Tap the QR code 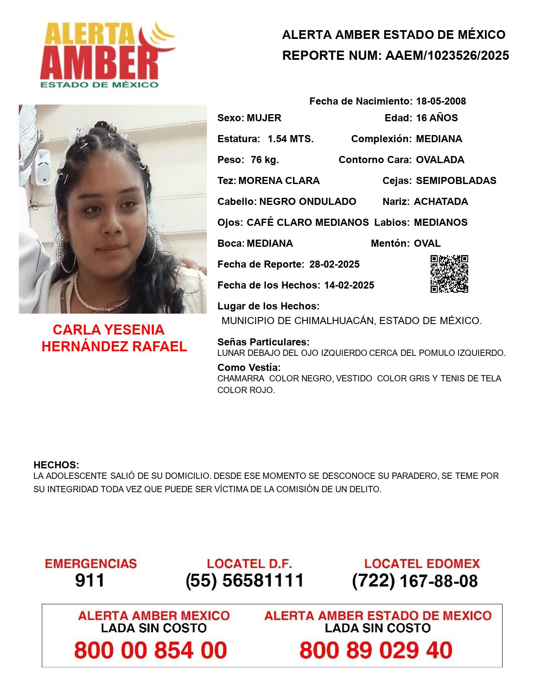click(449, 274)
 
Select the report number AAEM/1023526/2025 click(447, 56)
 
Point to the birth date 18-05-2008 click(441, 101)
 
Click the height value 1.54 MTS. click(291, 139)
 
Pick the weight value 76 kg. click(265, 160)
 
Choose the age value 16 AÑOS click(437, 118)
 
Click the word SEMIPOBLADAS click(456, 181)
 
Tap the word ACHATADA click(441, 202)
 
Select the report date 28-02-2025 click(334, 264)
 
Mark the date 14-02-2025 click(349, 285)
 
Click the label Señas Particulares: click(263, 342)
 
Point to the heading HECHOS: click(56, 465)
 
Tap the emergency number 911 click(90, 580)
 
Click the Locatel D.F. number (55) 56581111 click(245, 580)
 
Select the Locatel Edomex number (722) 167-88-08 click(415, 581)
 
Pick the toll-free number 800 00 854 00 click(150, 650)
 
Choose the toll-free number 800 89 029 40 click(376, 650)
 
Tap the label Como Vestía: click(249, 368)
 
